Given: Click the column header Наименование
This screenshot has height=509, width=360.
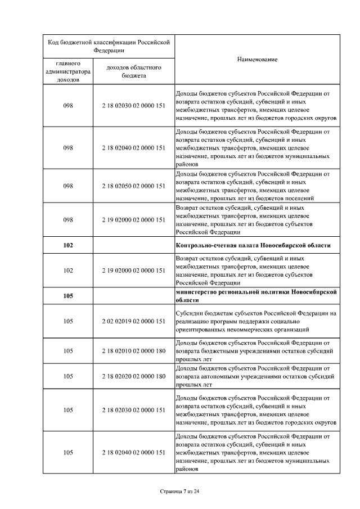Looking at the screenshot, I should click(257, 60).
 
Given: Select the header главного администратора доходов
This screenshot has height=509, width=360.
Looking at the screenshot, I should click(68, 71).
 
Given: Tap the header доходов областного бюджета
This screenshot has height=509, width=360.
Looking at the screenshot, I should click(134, 71).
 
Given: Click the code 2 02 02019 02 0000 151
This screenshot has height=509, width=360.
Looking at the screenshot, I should click(134, 321).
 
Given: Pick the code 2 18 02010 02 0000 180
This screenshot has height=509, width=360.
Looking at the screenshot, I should click(134, 350).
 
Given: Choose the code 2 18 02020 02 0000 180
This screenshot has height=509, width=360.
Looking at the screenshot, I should click(134, 376).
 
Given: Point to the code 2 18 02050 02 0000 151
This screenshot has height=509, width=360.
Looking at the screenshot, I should click(134, 185).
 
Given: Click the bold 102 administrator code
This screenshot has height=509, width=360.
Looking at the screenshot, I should click(68, 245).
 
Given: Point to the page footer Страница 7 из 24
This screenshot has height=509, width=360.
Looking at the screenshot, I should click(179, 491).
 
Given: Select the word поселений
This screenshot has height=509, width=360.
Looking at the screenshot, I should click(298, 198).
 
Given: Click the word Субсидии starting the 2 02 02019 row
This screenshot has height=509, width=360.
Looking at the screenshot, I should click(190, 313).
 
